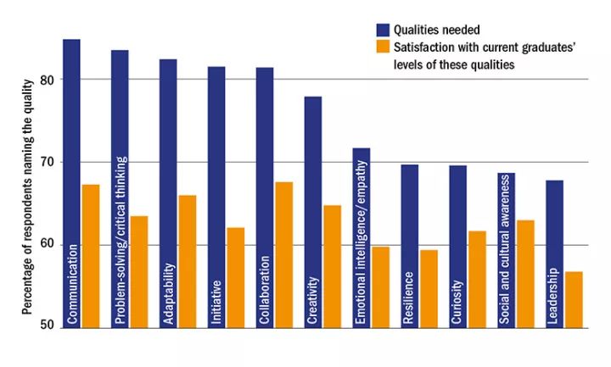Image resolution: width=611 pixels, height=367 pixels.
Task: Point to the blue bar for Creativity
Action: tap(313, 212)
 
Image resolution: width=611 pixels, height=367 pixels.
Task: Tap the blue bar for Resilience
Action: tap(409, 246)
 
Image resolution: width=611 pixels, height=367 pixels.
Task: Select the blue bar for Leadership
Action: tap(554, 253)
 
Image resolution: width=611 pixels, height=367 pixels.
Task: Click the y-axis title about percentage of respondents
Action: tap(27, 195)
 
